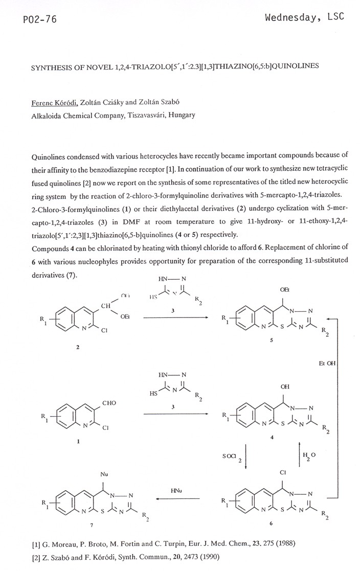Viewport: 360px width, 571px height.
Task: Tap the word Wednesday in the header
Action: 289,17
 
